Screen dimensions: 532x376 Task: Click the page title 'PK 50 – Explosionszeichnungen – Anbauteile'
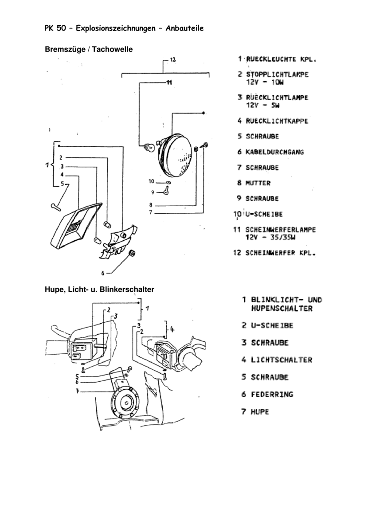pyautogui.click(x=124, y=28)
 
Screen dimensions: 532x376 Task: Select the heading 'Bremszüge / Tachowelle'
pyautogui.click(x=89, y=49)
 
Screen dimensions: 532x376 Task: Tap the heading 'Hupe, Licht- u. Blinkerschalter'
pyautogui.click(x=99, y=289)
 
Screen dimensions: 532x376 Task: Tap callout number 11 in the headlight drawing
pyautogui.click(x=168, y=82)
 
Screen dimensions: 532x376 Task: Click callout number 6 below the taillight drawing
pyautogui.click(x=102, y=273)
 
